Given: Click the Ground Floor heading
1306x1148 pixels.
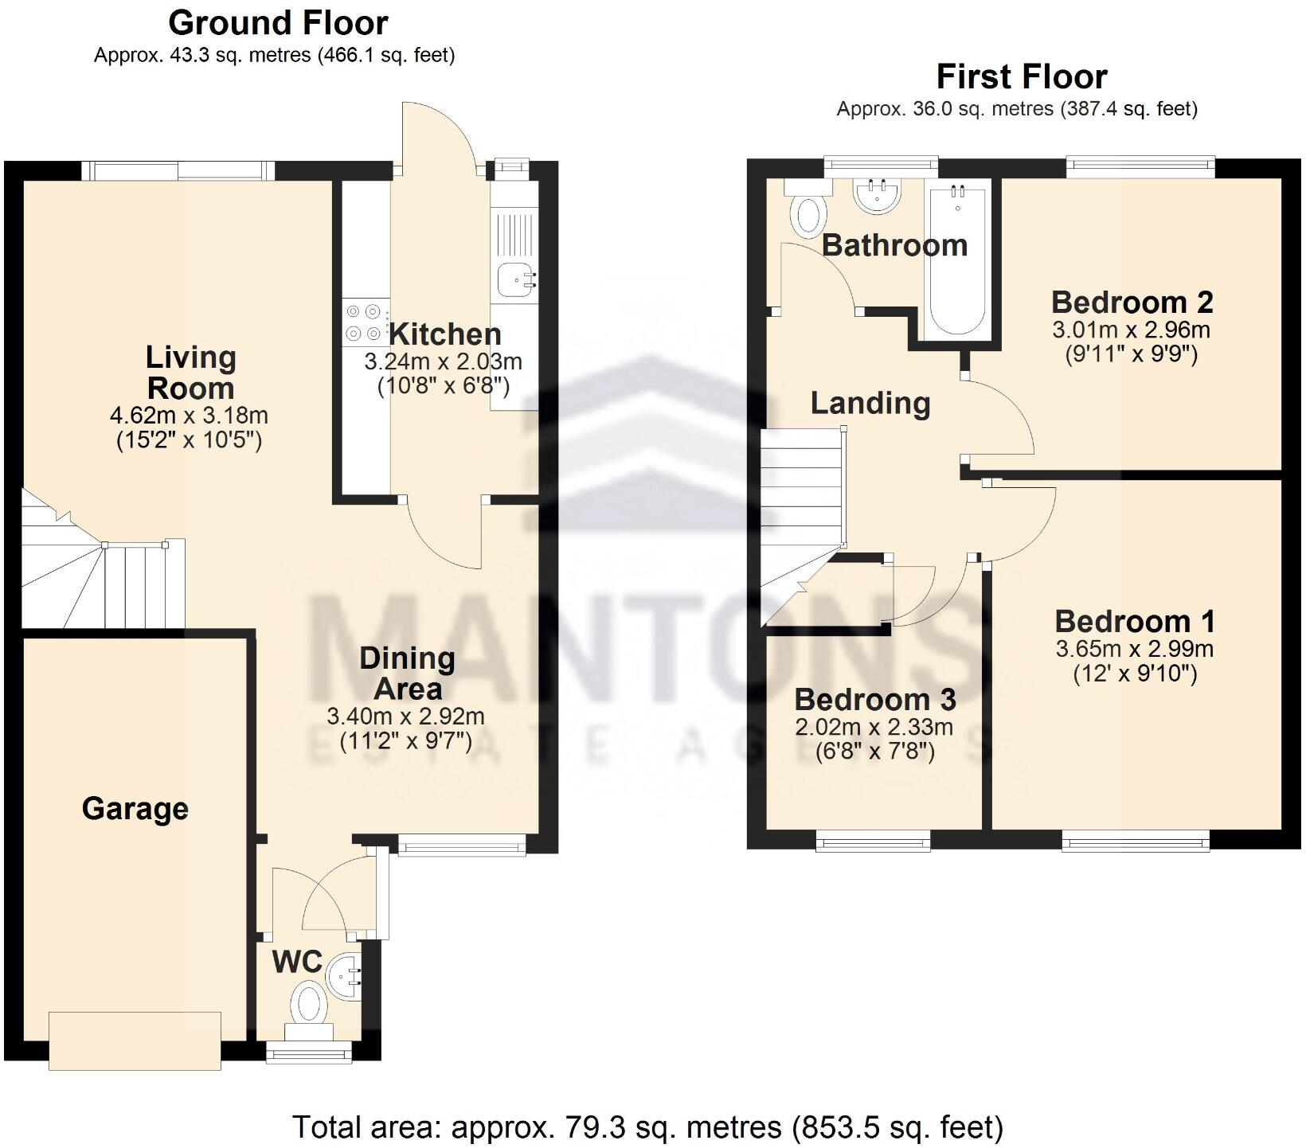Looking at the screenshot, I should [278, 23].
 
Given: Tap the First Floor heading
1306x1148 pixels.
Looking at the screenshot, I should [1022, 77].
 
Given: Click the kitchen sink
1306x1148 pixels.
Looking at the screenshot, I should [516, 279].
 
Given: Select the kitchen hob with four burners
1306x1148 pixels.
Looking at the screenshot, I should [366, 322].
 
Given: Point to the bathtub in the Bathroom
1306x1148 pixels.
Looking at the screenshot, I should [957, 259].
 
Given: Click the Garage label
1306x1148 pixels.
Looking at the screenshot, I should [135, 809].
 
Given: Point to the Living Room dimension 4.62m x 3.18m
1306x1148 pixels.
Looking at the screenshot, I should [189, 416].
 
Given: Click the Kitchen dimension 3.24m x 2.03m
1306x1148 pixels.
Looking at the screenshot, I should [443, 361].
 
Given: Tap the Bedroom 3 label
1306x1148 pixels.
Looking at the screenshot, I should [875, 700].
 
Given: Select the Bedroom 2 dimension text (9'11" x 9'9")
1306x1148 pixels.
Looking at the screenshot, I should [1131, 354].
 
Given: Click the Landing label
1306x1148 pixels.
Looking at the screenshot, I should [870, 404].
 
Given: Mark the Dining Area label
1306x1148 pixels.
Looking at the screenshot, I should [407, 673].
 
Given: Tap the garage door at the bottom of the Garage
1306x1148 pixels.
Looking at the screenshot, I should [135, 1041].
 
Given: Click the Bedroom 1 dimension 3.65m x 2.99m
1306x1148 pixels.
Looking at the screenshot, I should [1135, 649].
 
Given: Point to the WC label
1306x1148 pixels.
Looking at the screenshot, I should [297, 962].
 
